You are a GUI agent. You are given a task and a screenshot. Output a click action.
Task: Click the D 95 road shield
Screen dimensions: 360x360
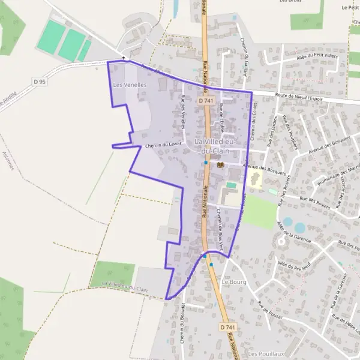click(40, 81)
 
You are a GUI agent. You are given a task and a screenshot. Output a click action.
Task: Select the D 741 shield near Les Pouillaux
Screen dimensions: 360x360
click(226, 327)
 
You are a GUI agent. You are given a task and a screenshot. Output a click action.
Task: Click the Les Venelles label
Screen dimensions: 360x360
click(130, 85)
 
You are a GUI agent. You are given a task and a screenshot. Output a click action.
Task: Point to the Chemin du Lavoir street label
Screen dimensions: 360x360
click(163, 145)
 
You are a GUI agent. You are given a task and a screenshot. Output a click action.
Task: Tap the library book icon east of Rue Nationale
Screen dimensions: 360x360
click(220, 164)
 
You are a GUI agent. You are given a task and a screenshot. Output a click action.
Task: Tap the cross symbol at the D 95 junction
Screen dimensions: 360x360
click(124, 58)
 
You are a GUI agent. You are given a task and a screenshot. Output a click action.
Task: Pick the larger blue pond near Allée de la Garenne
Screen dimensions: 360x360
click(300, 227)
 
